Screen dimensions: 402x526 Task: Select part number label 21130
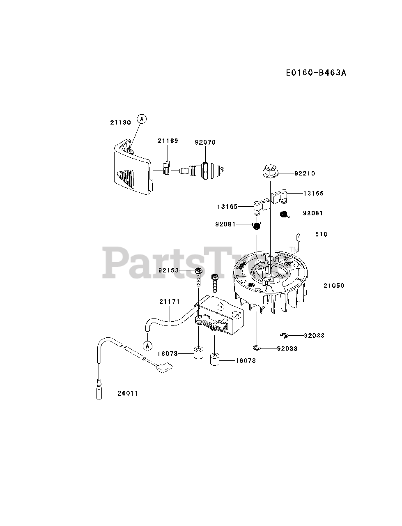coord(120,122)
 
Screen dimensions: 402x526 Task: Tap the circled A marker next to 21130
coord(142,119)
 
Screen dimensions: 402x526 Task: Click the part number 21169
coord(168,141)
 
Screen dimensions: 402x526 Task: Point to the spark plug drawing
coord(204,169)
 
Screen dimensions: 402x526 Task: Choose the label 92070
coord(205,142)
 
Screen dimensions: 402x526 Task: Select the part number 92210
coord(305,173)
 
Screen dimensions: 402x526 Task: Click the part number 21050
coord(333,285)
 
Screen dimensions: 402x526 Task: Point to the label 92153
coord(169,270)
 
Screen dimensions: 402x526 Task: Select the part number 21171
coord(170,302)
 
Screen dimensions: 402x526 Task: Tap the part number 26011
coord(128,393)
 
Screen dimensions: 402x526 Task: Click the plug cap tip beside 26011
coord(99,392)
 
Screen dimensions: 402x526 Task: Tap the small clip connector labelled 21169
coord(166,168)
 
